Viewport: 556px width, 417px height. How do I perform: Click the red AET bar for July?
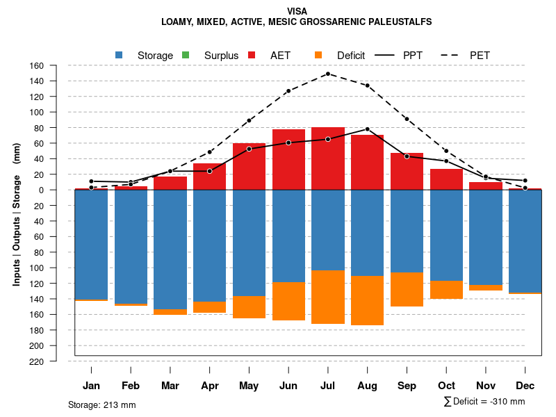point(328,158)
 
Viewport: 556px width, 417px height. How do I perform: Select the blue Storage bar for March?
point(170,250)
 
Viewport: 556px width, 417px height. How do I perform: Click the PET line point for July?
point(327,74)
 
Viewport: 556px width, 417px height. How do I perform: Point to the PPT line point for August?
point(367,129)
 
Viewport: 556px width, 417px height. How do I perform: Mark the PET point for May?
point(249,120)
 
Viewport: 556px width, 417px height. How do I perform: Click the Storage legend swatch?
point(120,55)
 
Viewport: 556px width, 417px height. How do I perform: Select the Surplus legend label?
point(221,56)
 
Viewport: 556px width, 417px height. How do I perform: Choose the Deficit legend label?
point(351,56)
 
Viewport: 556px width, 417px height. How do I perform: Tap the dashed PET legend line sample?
point(452,55)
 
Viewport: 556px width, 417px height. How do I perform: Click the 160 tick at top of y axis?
point(37,66)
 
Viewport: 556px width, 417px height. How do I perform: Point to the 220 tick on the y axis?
point(37,361)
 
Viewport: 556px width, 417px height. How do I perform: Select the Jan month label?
point(91,386)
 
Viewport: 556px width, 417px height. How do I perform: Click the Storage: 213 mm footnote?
point(102,404)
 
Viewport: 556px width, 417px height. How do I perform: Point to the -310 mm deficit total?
point(507,402)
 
